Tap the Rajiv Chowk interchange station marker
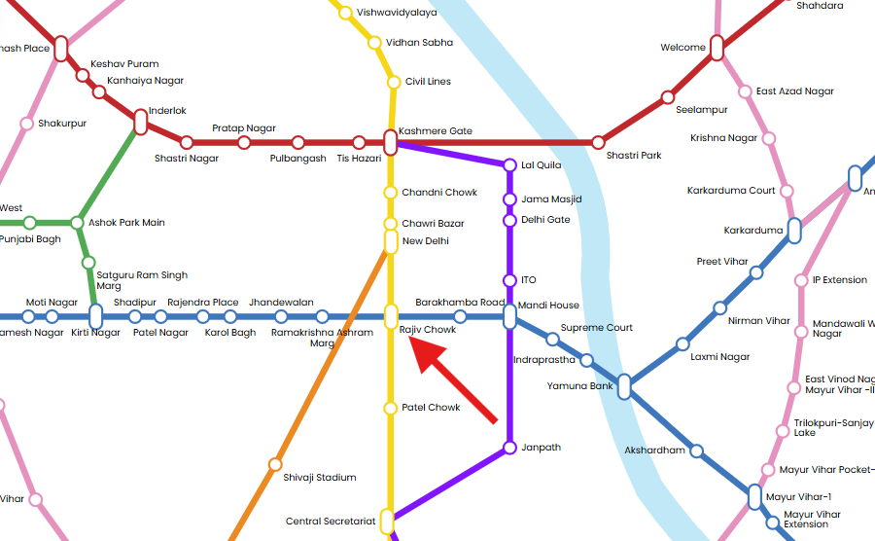(391, 316)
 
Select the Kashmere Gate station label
(436, 131)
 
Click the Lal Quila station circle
(509, 165)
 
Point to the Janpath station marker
(509, 448)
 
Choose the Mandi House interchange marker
(509, 316)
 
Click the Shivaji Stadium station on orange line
(275, 464)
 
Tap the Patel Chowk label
(431, 408)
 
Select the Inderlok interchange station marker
(140, 122)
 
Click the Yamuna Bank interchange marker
(624, 387)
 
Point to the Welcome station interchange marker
(717, 48)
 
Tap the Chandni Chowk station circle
(391, 193)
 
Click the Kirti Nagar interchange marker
(95, 316)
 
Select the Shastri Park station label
(634, 156)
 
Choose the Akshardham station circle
(696, 451)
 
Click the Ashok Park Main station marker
(78, 223)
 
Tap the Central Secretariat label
(331, 522)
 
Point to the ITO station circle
(509, 280)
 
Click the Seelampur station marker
(668, 97)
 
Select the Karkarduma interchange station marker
(794, 231)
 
